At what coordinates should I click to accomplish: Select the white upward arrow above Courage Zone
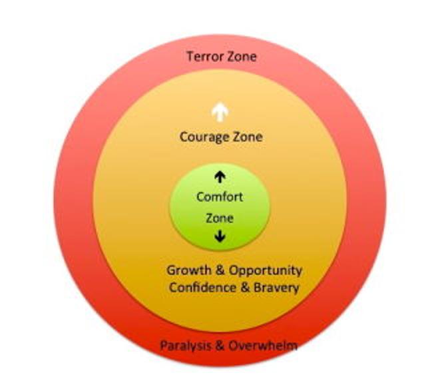click(x=218, y=113)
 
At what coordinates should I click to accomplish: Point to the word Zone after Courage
click(x=247, y=137)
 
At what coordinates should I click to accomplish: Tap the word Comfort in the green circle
click(x=220, y=197)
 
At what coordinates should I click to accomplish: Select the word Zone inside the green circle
click(x=220, y=217)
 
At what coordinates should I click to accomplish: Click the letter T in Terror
click(x=190, y=57)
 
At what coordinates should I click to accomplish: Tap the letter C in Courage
click(x=184, y=137)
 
